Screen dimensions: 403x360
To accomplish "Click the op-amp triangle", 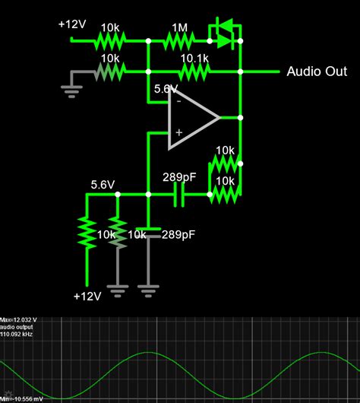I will click(x=192, y=118).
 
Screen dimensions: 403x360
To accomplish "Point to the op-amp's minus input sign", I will click(x=178, y=100).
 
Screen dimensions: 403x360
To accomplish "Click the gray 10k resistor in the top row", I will click(x=110, y=71).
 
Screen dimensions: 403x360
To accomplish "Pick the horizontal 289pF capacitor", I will click(x=179, y=195).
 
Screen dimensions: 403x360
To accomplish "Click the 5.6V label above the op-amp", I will click(x=166, y=88).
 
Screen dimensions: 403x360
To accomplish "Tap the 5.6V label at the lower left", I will click(x=103, y=184).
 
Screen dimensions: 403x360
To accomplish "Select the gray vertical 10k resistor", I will click(x=118, y=236).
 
